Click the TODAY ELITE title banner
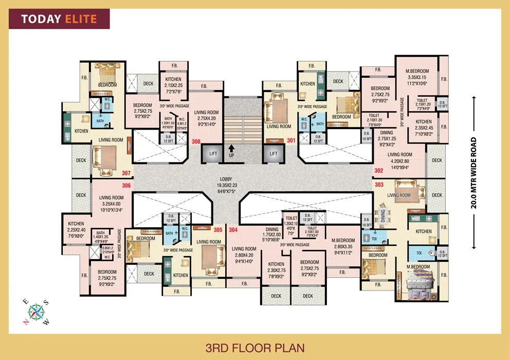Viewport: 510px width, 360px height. pyautogui.click(x=59, y=20)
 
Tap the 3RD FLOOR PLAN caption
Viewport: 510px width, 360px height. pyautogui.click(x=254, y=347)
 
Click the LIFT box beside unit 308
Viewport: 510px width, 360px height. pyautogui.click(x=212, y=153)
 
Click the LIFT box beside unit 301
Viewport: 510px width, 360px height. pyautogui.click(x=274, y=153)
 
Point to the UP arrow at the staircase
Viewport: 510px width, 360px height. pyautogui.click(x=232, y=151)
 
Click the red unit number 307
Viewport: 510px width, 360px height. pyautogui.click(x=126, y=173)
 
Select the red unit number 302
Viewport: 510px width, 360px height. pyautogui.click(x=379, y=171)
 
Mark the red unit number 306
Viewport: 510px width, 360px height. pyautogui.click(x=126, y=185)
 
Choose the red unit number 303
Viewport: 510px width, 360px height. pyautogui.click(x=379, y=184)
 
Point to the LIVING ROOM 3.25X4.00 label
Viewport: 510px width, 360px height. pyautogui.click(x=112, y=203)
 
